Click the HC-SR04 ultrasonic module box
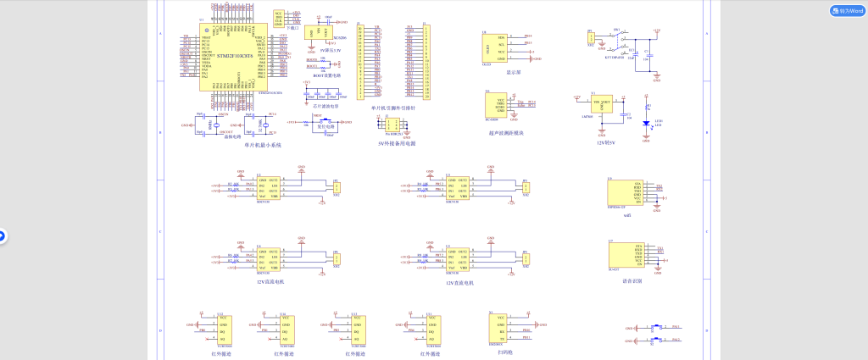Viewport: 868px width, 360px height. click(x=496, y=107)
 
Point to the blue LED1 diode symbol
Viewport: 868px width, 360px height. click(x=646, y=123)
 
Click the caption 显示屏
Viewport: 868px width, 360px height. click(x=513, y=73)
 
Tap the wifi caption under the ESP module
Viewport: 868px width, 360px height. click(x=627, y=217)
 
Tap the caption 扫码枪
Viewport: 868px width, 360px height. click(x=506, y=351)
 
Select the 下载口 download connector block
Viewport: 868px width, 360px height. click(x=279, y=19)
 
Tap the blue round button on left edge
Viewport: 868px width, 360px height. click(x=2, y=236)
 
